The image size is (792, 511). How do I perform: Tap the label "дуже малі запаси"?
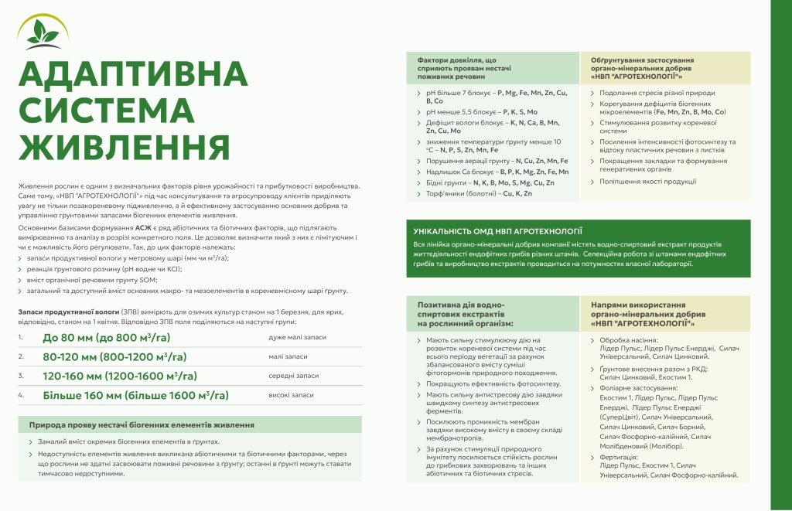(297, 338)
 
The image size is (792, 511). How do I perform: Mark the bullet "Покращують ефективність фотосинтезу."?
(493, 384)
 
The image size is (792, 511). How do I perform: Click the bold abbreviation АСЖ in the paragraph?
(144, 229)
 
